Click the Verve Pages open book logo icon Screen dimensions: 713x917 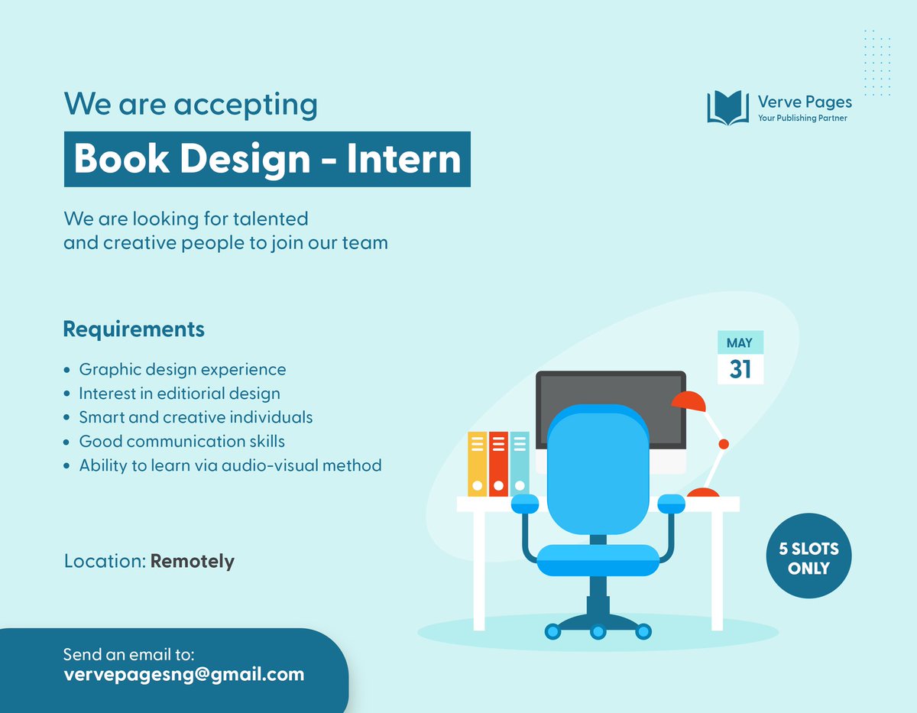727,108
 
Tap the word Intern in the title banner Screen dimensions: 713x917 403,159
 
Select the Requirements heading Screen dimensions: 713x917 134,329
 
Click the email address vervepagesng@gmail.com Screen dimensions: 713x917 183,674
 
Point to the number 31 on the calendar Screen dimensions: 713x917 740,369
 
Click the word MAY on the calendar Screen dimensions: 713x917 740,343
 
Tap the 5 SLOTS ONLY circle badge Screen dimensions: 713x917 808,559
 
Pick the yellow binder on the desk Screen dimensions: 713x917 477,464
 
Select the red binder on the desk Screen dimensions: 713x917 498,464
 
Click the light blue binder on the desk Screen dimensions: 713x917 520,464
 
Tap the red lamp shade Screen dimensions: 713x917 689,401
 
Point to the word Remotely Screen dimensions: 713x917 193,561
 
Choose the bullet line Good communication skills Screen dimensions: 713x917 182,441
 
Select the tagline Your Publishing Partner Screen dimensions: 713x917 802,118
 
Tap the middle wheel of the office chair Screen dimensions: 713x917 598,631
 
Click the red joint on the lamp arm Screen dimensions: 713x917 724,444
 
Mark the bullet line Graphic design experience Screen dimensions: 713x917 183,370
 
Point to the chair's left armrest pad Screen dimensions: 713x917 526,503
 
